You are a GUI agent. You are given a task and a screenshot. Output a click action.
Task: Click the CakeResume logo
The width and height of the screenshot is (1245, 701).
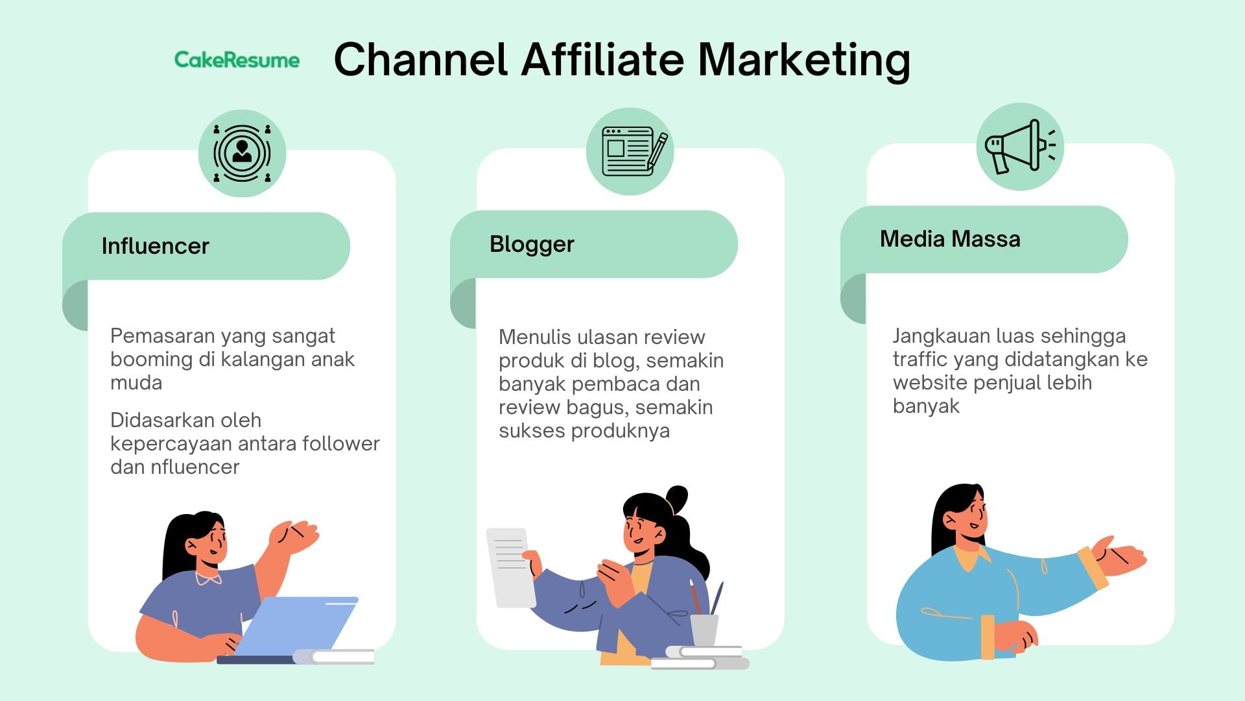(237, 60)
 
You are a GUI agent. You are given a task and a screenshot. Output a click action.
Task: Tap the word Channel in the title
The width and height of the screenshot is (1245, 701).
(420, 59)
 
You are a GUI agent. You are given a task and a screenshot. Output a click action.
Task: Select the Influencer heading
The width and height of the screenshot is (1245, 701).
(156, 246)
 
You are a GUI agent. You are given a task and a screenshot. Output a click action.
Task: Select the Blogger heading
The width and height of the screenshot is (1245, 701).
(532, 244)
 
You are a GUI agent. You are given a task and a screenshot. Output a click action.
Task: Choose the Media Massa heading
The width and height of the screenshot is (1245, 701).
(950, 239)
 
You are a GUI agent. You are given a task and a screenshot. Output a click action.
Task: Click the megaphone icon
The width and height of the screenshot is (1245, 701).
(1019, 147)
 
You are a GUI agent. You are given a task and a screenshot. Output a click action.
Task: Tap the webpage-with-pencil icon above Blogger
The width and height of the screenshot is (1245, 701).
(634, 151)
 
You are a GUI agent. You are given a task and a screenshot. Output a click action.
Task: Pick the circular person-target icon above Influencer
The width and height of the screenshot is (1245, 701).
(242, 153)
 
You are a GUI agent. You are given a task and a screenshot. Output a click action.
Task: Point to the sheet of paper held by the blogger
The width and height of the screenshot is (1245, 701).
(511, 567)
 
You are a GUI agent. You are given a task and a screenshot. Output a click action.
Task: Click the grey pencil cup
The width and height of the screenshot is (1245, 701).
(704, 630)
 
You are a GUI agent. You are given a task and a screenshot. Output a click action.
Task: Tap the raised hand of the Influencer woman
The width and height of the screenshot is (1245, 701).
(294, 537)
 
